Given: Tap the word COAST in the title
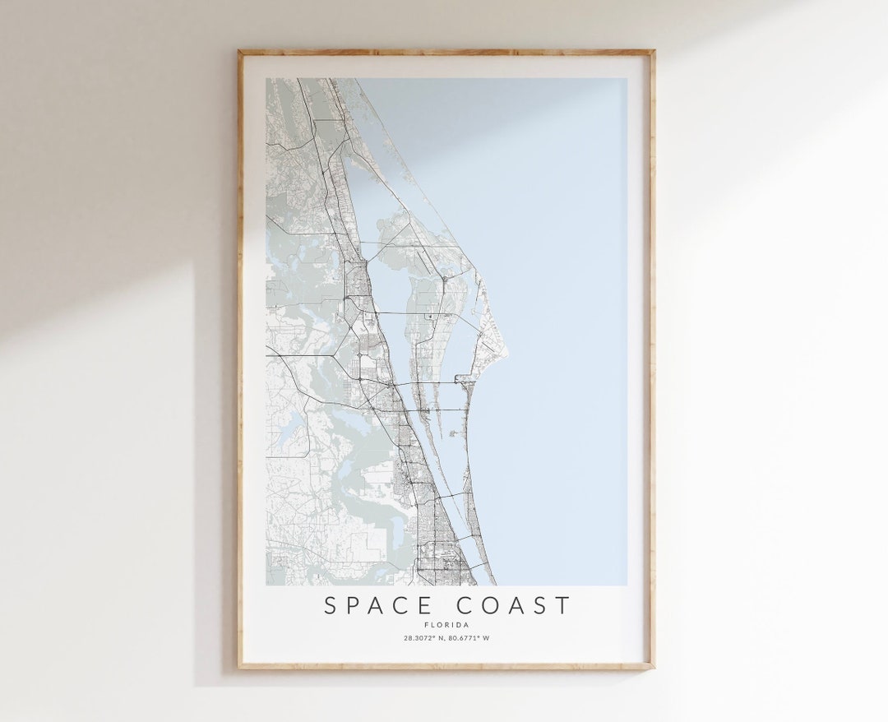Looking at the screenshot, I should point(513,606).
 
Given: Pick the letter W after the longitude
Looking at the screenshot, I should point(487,638).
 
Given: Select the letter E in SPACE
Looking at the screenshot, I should point(425,606).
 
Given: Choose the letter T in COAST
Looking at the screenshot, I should point(562,606).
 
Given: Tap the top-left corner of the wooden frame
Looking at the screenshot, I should point(239,52).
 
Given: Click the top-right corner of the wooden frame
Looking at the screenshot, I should point(654,52).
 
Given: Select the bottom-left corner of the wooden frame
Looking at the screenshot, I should point(239,667).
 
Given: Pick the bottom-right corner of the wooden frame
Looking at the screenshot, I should point(654,667).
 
